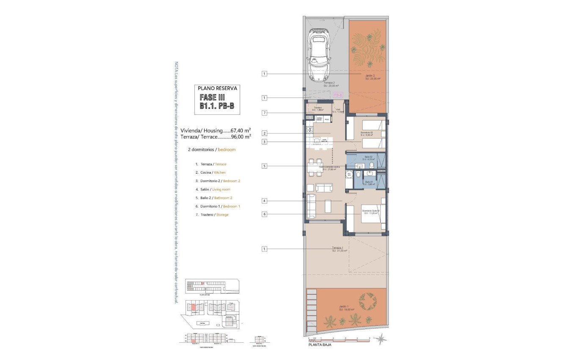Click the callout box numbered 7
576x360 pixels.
click(x=264, y=113)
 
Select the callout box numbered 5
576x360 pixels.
click(x=264, y=166)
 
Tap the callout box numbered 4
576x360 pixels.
click(x=264, y=201)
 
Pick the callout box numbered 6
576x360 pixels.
click(x=264, y=214)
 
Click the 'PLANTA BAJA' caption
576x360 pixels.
click(x=320, y=345)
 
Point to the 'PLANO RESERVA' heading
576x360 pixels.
click(x=218, y=89)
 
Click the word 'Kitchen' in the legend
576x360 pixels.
click(x=219, y=172)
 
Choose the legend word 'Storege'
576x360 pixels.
click(x=222, y=215)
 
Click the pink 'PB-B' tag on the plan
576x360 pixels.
click(x=338, y=95)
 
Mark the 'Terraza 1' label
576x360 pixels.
click(x=339, y=249)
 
